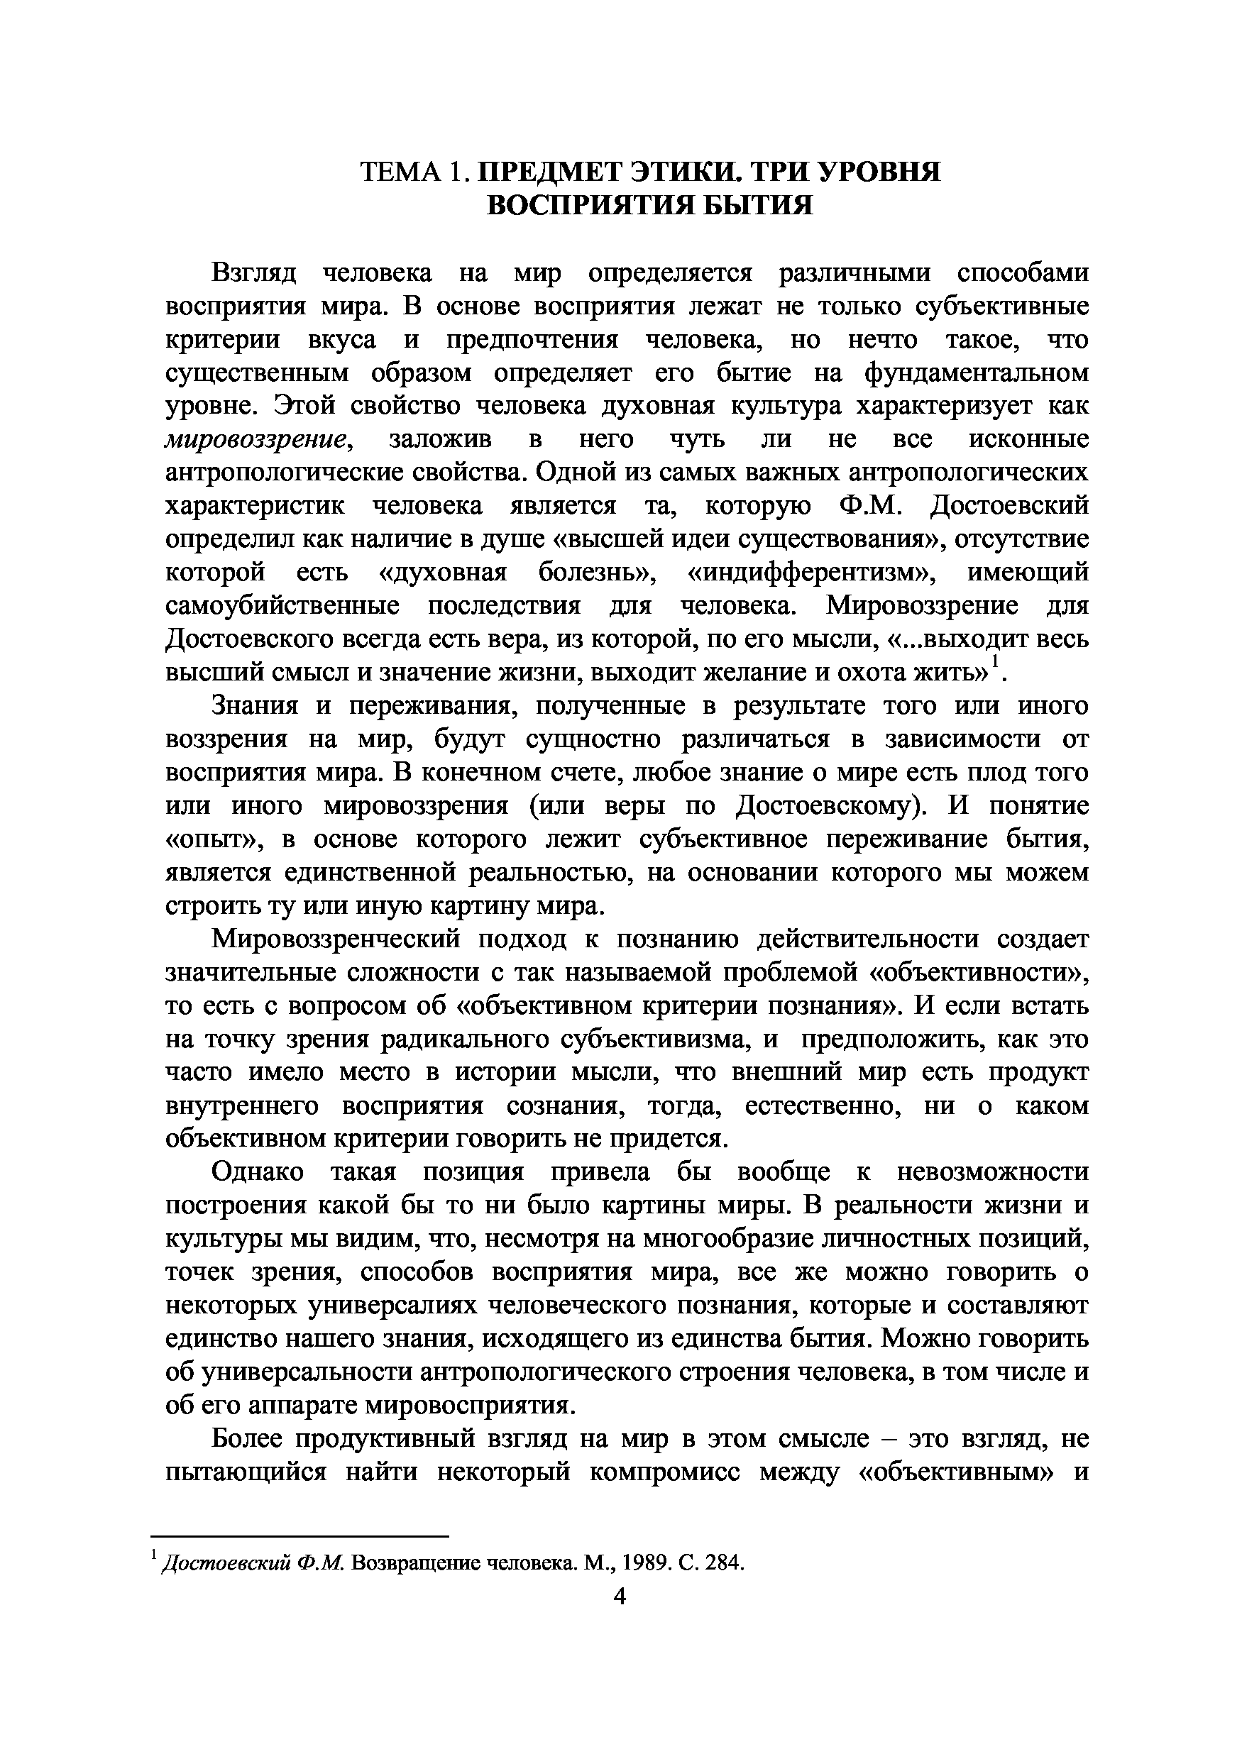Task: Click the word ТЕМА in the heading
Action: tap(404, 172)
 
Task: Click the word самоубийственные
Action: tap(282, 606)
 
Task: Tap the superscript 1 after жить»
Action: tap(995, 661)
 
